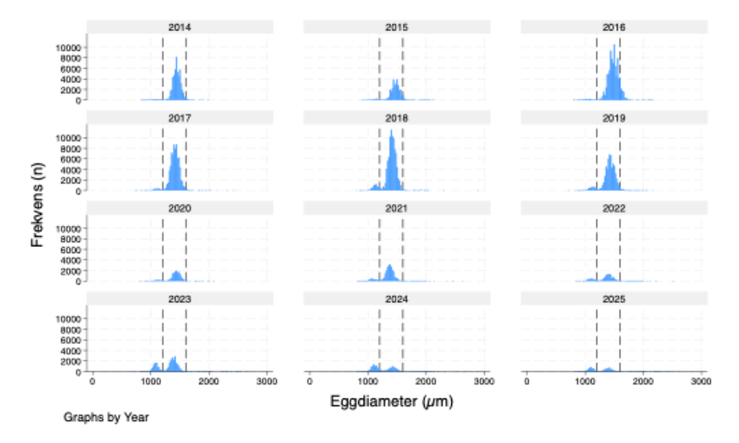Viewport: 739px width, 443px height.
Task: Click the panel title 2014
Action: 179,27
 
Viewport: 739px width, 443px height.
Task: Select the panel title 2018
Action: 396,117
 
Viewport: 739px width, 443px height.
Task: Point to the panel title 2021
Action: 396,208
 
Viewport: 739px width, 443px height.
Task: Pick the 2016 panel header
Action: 614,27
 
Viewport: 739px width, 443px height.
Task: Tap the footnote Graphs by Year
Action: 106,418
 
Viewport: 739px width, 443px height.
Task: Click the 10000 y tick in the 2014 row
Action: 69,48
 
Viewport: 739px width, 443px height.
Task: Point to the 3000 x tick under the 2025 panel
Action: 701,380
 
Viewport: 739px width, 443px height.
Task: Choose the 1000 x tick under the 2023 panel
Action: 151,380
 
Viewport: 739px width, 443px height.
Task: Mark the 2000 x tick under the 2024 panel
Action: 426,380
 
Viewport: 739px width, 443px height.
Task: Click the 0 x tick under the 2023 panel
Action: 93,380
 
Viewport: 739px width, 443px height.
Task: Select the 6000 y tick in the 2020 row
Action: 72,249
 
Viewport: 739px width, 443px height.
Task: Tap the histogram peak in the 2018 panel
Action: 391,131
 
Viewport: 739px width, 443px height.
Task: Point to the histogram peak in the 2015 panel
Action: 395,80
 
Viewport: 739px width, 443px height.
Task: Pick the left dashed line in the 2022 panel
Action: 597,246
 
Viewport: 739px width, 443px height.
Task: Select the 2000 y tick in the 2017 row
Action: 72,180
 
